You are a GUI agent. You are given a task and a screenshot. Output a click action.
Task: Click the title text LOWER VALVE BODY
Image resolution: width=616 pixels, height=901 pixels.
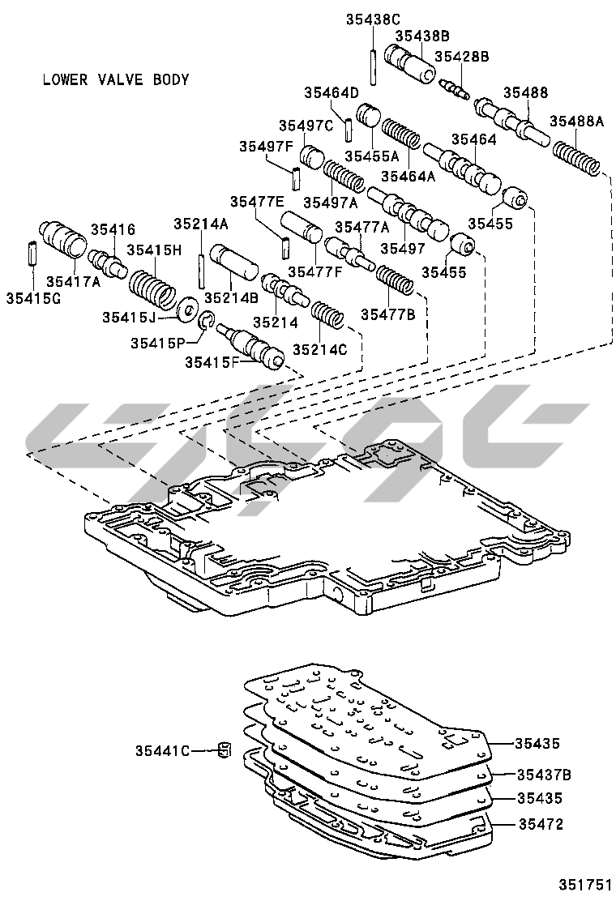[x=115, y=80]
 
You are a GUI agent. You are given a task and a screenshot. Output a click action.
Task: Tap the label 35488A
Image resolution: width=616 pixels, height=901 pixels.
[x=577, y=121]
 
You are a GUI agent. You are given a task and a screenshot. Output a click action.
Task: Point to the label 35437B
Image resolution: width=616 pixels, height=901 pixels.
[x=544, y=775]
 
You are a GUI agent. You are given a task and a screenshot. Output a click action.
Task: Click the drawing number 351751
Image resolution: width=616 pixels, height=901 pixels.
[x=581, y=884]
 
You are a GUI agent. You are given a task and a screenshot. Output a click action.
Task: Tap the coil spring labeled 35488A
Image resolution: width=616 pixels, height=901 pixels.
[x=578, y=158]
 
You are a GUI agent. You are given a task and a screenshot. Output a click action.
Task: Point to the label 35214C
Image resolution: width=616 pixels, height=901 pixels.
[x=319, y=349]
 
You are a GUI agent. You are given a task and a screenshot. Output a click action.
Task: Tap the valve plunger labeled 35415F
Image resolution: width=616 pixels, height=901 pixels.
[x=255, y=346]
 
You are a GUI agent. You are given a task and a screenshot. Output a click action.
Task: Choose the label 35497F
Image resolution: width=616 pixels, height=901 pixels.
[x=265, y=146]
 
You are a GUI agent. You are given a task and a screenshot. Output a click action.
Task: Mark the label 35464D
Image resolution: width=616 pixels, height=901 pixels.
[x=332, y=92]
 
